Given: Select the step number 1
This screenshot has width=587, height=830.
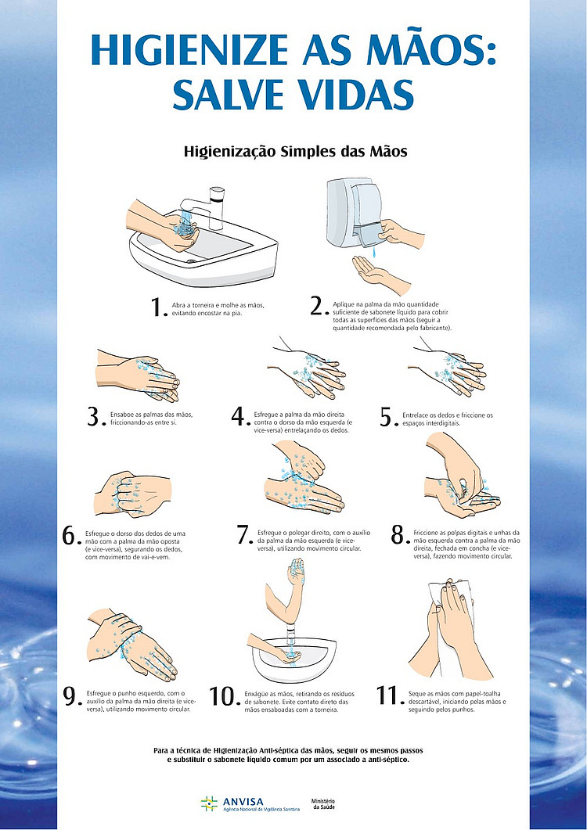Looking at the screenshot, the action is (158, 307).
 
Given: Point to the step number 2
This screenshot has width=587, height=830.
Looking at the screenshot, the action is (318, 307).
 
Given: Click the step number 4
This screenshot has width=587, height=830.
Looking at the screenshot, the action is (239, 417).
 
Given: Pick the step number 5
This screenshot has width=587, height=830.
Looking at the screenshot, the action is (387, 417).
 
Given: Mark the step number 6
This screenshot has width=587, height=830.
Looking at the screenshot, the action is (70, 536).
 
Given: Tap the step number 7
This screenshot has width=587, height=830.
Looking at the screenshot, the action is (244, 536).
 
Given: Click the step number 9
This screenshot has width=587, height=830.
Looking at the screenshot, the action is (71, 696).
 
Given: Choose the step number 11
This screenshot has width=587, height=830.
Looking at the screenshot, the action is (389, 695).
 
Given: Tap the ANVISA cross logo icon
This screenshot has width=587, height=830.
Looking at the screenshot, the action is (209, 803).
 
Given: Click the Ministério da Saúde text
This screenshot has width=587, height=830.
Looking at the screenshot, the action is (323, 804).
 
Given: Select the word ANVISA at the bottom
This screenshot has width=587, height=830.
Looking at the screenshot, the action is (243, 801).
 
